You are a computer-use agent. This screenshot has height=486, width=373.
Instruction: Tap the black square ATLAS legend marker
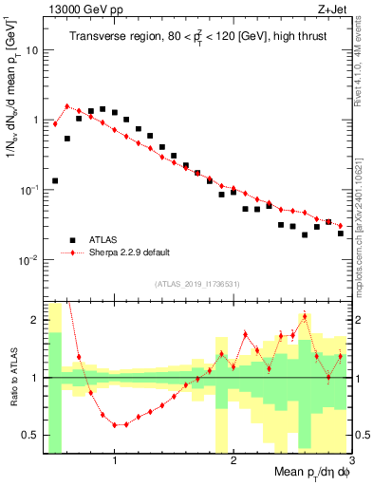point(70,239)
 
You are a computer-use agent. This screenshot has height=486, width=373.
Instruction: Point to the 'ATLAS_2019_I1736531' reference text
point(197,284)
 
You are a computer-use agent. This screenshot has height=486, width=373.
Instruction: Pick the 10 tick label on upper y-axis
point(32,50)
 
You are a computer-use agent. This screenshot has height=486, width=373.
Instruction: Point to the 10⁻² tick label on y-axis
point(28,260)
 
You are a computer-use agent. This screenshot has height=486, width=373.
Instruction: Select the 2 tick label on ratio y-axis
point(35,321)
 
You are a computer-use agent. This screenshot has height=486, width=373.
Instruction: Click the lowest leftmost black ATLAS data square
point(55,180)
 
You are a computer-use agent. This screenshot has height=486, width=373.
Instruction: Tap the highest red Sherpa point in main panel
point(66,106)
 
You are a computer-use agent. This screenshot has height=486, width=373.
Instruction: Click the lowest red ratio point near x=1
point(115,424)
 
